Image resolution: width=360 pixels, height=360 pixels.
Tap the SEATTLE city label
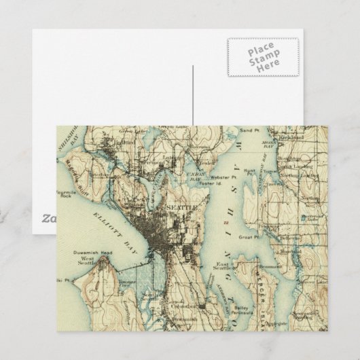(181, 206)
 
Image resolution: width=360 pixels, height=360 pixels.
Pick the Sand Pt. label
(249, 130)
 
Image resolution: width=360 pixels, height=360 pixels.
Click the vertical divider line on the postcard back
(194, 95)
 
